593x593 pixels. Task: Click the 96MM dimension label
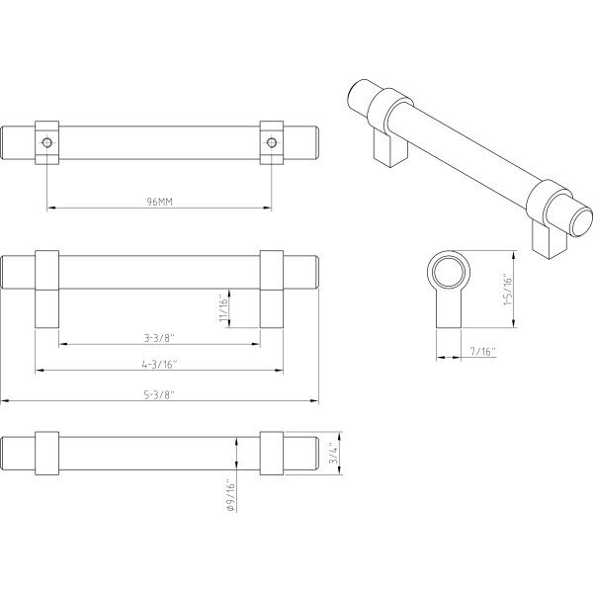point(159,202)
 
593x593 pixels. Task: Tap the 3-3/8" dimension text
point(159,338)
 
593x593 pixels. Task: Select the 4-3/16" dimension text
point(159,364)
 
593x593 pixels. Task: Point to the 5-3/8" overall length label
point(159,394)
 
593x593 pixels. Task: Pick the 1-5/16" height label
point(508,289)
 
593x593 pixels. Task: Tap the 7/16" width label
point(482,352)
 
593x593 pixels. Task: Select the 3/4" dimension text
point(333,453)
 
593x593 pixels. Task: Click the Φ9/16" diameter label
point(230,496)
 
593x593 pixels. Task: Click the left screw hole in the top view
point(46,142)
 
